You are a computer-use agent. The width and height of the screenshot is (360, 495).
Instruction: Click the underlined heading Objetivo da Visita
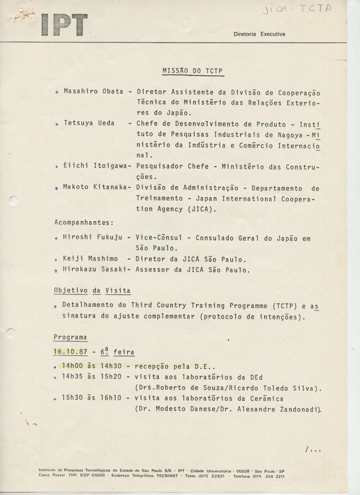[x=92, y=291]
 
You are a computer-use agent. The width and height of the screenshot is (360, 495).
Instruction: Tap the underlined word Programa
[x=71, y=337]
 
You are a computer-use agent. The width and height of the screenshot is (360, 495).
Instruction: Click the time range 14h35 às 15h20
[x=92, y=377]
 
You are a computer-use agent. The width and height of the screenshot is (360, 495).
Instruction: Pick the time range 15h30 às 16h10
[x=92, y=398]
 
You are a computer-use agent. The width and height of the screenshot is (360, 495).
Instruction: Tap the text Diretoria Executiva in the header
[x=259, y=34]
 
